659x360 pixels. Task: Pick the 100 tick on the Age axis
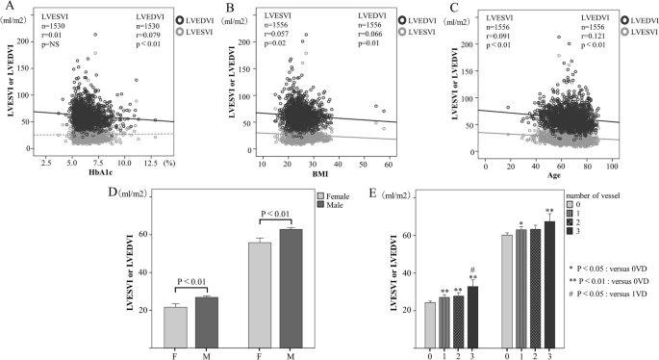pyautogui.click(x=612, y=165)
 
